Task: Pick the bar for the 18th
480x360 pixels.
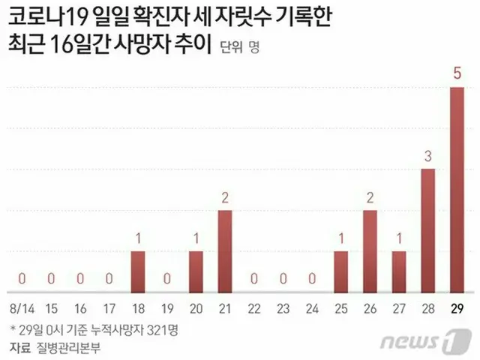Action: [x=138, y=271]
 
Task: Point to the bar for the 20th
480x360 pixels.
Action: [x=196, y=271]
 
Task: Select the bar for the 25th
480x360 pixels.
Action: [x=340, y=271]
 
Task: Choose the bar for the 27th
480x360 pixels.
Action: [x=399, y=271]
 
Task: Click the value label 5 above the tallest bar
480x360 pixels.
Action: [x=457, y=73]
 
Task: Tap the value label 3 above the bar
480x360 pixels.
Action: [x=428, y=157]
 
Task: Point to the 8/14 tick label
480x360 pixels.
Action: [x=20, y=309]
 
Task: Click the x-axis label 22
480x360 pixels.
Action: [x=255, y=309]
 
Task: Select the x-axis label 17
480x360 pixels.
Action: [x=109, y=309]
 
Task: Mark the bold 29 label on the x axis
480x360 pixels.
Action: [x=457, y=309]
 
